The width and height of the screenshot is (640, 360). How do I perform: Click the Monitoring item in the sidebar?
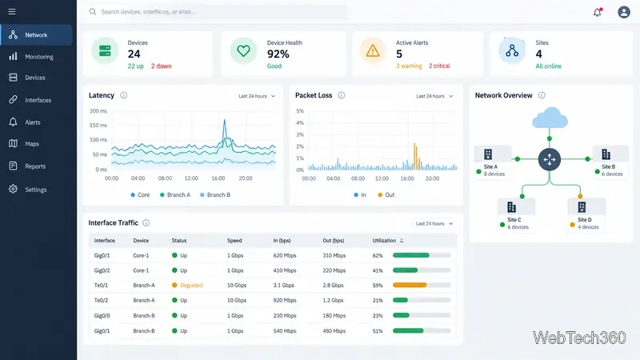tap(38, 57)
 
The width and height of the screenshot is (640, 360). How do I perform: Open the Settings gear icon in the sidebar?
tap(13, 189)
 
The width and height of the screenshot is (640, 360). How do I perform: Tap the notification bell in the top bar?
tap(598, 12)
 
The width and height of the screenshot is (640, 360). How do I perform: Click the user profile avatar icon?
tap(624, 12)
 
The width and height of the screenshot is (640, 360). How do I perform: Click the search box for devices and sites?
tap(216, 12)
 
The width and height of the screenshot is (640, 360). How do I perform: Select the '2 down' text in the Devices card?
tap(162, 66)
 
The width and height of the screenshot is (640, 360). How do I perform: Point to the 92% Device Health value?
tap(278, 54)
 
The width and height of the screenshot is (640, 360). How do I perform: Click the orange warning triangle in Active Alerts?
tap(373, 51)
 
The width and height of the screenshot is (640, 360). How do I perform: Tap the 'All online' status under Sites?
tap(548, 66)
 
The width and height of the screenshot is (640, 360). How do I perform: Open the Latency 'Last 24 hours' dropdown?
tap(257, 96)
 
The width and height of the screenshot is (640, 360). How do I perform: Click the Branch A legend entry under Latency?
tap(175, 195)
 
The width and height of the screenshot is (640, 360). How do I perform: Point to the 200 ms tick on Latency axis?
tap(98, 111)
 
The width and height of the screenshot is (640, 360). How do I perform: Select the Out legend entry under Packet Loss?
tap(386, 195)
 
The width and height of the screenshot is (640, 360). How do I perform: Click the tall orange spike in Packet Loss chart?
tap(415, 156)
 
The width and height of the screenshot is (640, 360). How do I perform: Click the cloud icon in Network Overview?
tap(550, 118)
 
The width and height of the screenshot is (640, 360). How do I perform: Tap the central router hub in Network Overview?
tap(550, 159)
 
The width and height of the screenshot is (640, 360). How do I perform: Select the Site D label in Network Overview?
tap(585, 219)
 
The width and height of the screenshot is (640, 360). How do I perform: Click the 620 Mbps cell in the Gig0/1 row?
tap(285, 255)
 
